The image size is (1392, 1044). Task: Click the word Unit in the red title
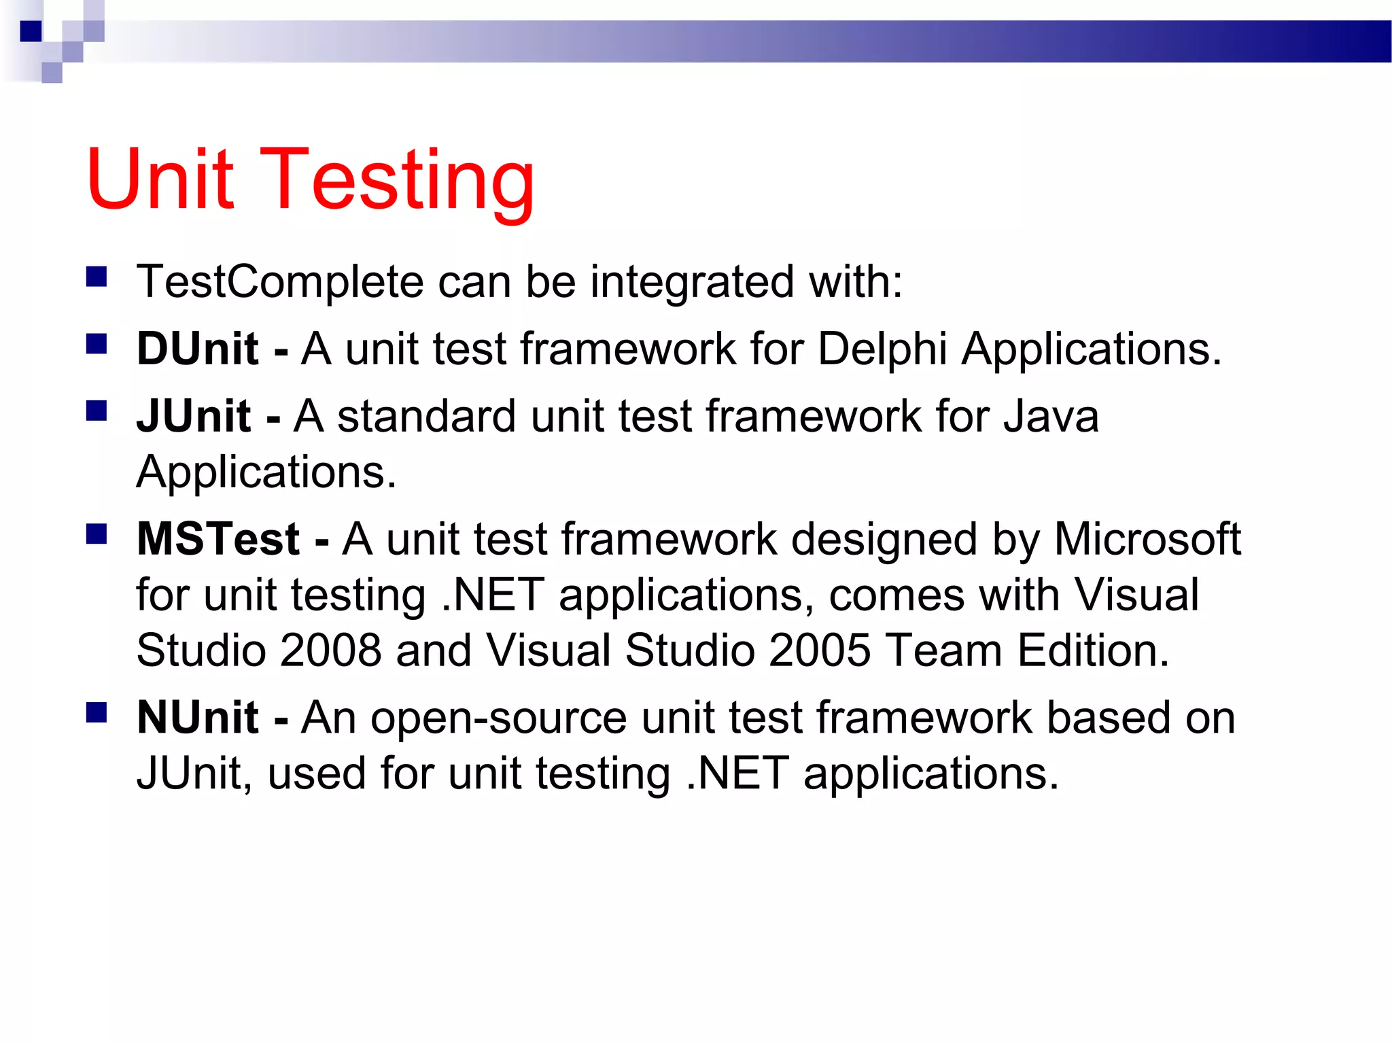coord(160,179)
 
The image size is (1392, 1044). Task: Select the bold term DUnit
coord(197,349)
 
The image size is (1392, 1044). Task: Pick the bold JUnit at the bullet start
coord(194,416)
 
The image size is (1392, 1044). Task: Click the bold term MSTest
coord(218,539)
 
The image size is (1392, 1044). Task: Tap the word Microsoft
coord(1147,539)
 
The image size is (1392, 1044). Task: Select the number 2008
coord(330,650)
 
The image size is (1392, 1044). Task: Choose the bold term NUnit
coord(197,718)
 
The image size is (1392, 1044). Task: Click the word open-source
coord(498,718)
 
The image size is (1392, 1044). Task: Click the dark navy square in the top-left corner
coord(31,31)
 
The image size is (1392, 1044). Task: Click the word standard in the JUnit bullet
coord(426,416)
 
